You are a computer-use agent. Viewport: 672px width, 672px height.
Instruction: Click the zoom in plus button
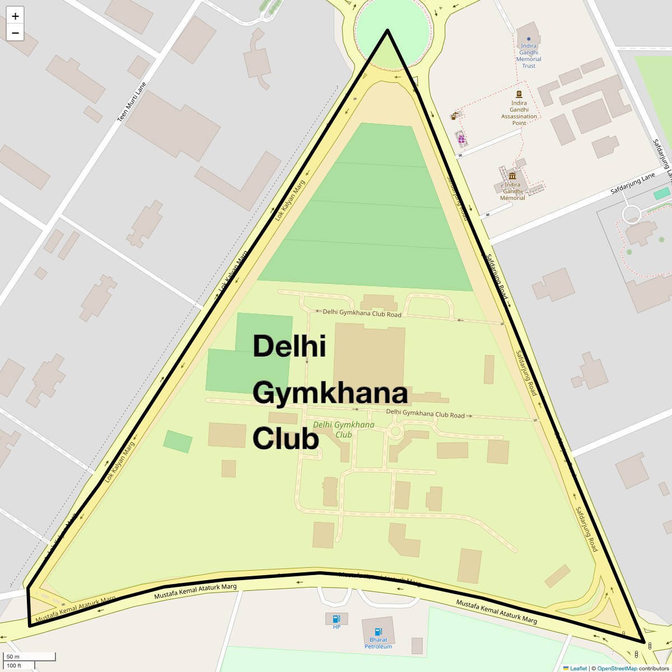pos(15,16)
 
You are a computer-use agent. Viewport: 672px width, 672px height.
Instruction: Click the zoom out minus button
pos(15,33)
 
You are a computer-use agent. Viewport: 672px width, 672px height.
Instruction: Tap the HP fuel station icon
pos(336,619)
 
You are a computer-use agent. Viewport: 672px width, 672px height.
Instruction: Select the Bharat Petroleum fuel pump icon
pos(378,632)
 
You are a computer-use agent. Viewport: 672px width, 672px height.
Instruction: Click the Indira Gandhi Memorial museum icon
pos(512,176)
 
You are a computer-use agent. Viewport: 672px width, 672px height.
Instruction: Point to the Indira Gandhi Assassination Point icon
pos(519,94)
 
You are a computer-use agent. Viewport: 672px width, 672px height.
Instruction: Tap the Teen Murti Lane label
pos(131,102)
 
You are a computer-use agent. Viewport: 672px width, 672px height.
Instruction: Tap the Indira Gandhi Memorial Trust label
pos(529,56)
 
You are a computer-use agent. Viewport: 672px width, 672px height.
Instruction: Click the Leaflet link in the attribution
pos(578,668)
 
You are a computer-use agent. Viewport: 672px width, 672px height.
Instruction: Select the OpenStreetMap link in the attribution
pos(617,668)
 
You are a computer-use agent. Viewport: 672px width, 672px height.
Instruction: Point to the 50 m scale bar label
pos(13,657)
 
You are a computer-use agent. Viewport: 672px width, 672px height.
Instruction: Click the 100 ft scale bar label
pos(14,666)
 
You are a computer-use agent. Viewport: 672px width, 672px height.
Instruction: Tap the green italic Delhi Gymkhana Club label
pos(343,429)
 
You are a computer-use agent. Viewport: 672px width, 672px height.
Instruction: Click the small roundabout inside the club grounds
pos(395,431)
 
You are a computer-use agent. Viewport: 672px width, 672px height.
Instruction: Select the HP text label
pos(337,627)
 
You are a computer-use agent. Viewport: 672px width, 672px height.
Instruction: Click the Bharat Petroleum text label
pos(378,643)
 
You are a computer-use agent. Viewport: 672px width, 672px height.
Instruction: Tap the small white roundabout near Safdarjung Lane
pos(631,214)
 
